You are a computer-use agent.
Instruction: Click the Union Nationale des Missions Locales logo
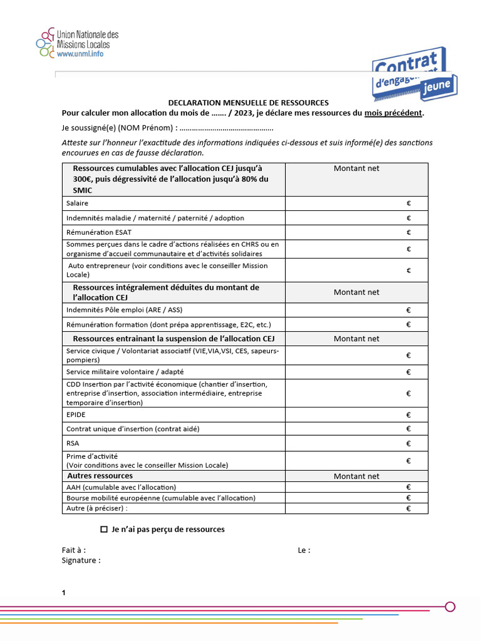coord(76,44)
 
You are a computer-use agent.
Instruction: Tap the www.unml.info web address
coord(80,54)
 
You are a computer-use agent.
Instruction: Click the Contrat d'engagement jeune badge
coord(414,74)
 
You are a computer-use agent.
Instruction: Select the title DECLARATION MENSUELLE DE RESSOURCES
coord(248,103)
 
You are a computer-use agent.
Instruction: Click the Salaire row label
coord(77,203)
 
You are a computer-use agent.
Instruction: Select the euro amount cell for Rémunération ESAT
coord(356,232)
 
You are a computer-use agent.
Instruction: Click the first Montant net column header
coord(356,168)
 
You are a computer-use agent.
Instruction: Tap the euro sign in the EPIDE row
coord(408,415)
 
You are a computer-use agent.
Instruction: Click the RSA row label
coord(73,443)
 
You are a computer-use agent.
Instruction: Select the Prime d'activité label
coord(92,456)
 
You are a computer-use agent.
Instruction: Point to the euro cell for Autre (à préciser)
coord(356,509)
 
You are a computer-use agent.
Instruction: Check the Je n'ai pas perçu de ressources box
coord(104,530)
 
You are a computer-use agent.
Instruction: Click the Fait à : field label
coord(74,550)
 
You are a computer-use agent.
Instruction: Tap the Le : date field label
coord(304,550)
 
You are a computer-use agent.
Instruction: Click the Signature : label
coord(81,560)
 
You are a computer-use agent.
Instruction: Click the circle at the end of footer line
coord(450,607)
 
